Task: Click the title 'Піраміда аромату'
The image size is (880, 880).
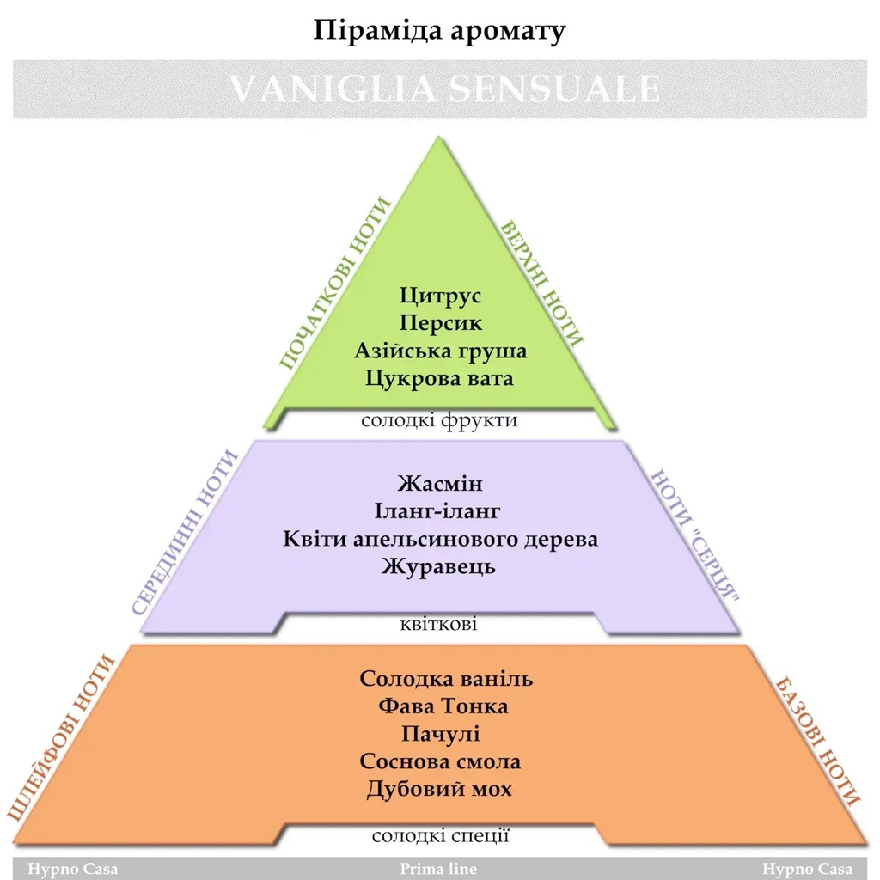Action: click(439, 31)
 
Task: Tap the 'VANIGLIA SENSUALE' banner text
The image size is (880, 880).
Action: click(444, 89)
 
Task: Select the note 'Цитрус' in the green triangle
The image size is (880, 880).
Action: click(440, 296)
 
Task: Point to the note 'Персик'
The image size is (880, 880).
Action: click(440, 323)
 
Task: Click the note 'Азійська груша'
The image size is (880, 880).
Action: click(440, 351)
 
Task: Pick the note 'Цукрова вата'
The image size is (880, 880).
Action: click(439, 378)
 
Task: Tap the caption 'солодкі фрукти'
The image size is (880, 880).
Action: click(439, 420)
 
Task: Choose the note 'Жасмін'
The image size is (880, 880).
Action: click(440, 484)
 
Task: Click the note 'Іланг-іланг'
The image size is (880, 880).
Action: click(437, 511)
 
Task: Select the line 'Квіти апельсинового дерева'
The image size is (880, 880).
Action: click(440, 540)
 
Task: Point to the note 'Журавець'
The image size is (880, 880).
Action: click(438, 567)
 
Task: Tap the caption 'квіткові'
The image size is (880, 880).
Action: click(438, 624)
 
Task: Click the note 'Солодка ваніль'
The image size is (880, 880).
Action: click(446, 679)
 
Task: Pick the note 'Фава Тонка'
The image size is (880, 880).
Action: click(443, 706)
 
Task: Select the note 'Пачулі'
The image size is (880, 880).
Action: click(440, 734)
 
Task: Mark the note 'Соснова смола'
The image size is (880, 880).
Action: click(440, 761)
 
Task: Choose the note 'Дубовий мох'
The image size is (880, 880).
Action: click(439, 790)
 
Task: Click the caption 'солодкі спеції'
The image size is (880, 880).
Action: click(440, 836)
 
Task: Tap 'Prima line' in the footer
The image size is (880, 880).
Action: click(438, 869)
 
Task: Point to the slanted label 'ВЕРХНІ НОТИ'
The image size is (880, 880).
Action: click(541, 284)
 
